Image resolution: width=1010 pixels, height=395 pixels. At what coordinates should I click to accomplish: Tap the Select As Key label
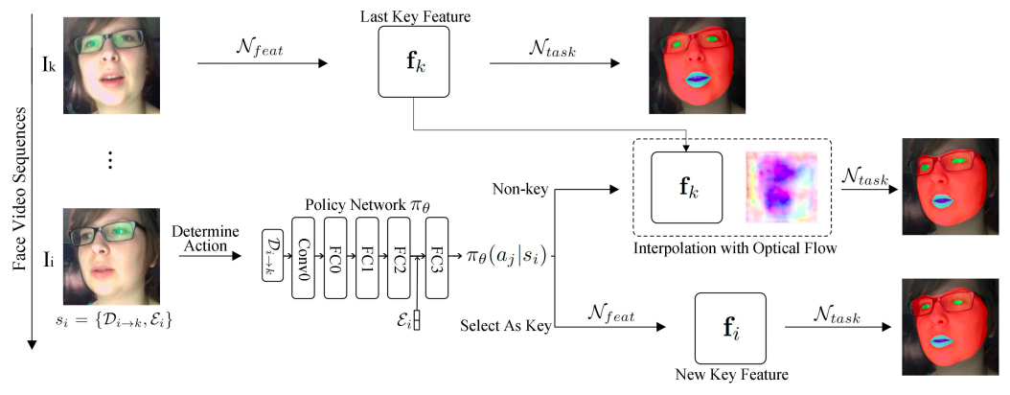click(x=506, y=327)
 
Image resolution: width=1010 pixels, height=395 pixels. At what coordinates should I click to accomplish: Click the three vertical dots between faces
click(x=111, y=161)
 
